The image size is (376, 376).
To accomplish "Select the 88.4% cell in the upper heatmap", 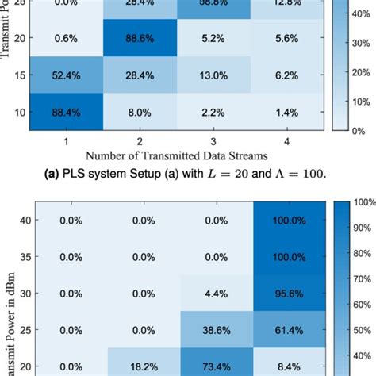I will pos(66,113).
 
